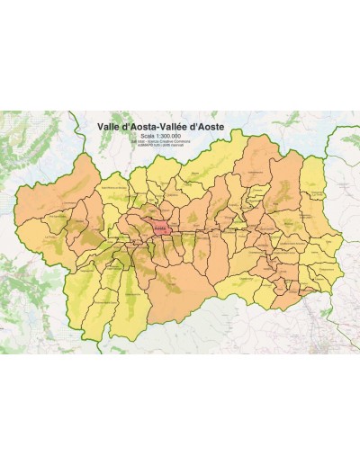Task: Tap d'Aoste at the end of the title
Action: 207,129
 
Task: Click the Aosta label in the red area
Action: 160,228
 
